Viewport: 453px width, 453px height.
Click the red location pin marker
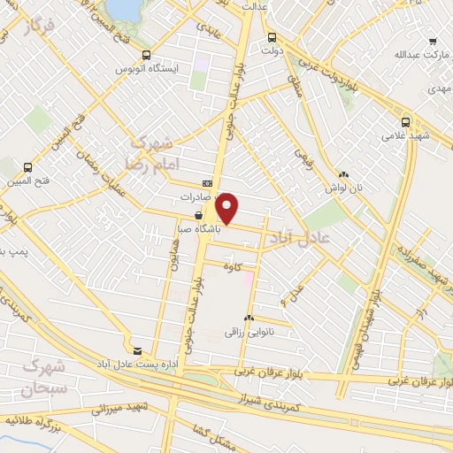227,206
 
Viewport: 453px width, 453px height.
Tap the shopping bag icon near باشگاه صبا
198,214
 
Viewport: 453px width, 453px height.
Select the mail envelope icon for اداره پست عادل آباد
136,349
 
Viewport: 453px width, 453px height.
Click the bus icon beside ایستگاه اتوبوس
146,55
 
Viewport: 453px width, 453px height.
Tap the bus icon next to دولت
271,38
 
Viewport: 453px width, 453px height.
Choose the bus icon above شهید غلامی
404,122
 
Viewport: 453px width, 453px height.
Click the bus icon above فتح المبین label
27,166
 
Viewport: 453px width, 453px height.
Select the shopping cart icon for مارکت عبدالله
433,42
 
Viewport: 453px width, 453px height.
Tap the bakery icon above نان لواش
342,175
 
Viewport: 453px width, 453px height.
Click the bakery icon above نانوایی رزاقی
250,318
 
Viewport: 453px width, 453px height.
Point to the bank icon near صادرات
207,183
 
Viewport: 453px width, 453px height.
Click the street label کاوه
233,265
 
